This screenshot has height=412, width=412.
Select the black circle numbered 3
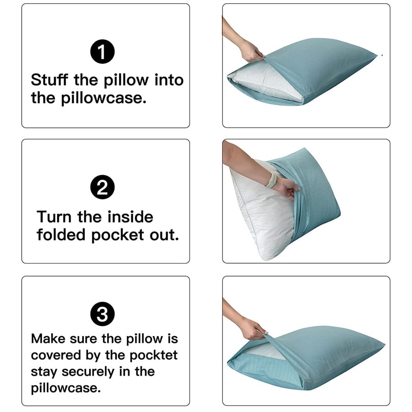click(103, 314)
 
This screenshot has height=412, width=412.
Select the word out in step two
click(164, 235)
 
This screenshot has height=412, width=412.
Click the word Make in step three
click(48, 339)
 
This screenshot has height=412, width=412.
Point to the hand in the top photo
click(252, 51)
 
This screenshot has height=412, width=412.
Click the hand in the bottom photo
click(253, 328)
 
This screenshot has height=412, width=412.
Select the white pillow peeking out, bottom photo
click(271, 351)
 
